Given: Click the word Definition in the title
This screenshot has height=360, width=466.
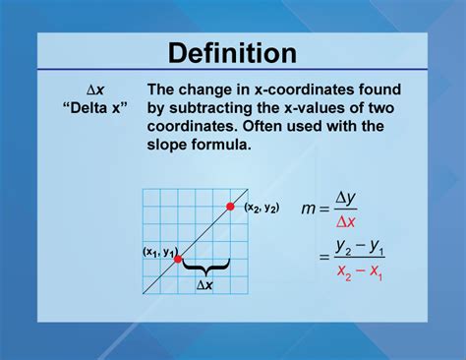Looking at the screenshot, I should (232, 54).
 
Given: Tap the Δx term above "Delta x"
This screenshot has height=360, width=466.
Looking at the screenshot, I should (93, 90).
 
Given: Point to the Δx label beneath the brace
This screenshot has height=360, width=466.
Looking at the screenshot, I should (204, 284).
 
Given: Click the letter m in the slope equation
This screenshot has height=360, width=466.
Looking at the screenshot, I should (309, 210).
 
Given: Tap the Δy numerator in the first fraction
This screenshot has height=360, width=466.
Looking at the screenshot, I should (346, 200).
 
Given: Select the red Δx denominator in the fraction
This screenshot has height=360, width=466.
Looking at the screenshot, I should (346, 222).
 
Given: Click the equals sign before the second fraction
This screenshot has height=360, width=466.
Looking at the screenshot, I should (321, 258).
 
